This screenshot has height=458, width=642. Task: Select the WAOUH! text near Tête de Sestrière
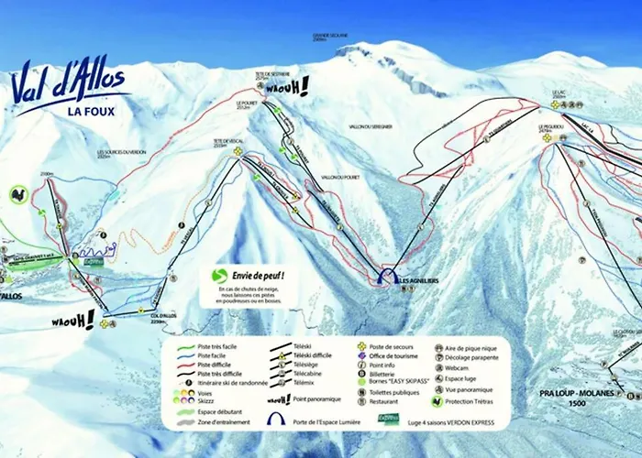tap(292, 87)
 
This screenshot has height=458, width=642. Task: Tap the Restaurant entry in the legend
tap(386, 399)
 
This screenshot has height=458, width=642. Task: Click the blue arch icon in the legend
tap(274, 420)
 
